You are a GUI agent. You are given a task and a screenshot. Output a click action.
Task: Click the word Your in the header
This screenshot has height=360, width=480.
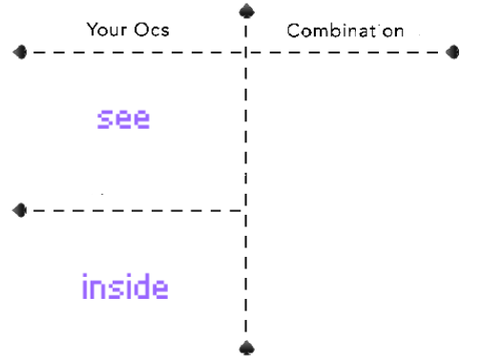click(x=107, y=29)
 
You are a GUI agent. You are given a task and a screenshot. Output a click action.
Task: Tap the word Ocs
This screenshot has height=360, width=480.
click(x=152, y=29)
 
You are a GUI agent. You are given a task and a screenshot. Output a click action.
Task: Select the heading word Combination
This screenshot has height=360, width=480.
click(x=345, y=31)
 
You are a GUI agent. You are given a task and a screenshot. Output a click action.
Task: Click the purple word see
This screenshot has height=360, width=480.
click(x=123, y=119)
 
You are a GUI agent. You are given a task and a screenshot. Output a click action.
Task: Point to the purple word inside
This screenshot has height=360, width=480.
click(x=125, y=286)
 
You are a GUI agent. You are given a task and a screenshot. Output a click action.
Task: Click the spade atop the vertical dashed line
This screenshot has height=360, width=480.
click(x=247, y=11)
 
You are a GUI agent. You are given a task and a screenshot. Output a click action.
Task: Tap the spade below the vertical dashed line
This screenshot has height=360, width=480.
click(x=247, y=348)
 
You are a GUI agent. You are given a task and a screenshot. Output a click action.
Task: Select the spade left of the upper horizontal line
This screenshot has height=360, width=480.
click(x=20, y=52)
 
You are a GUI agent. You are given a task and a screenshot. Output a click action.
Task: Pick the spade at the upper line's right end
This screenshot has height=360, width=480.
click(x=453, y=52)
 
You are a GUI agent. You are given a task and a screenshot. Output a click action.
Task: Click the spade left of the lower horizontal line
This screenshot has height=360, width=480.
click(x=20, y=210)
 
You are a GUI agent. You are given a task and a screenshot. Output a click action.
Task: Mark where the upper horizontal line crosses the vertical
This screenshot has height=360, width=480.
click(x=246, y=52)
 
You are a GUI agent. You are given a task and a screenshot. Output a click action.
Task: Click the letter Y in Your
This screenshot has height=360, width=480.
click(x=92, y=29)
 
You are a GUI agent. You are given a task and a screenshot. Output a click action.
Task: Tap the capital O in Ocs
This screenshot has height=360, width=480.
click(x=141, y=29)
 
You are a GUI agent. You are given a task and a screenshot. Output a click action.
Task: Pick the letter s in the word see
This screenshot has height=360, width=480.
click(x=104, y=119)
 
